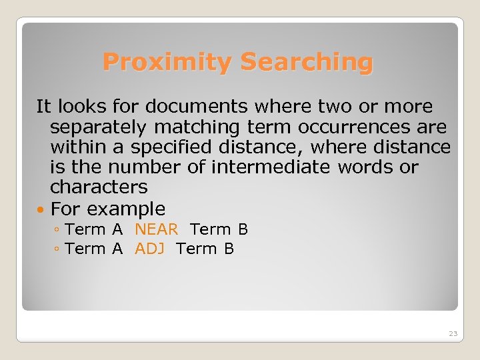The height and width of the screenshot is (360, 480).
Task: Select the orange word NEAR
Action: click(x=156, y=230)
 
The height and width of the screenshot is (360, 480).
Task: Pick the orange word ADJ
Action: click(x=149, y=249)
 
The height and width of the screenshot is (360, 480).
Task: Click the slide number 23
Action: click(x=453, y=333)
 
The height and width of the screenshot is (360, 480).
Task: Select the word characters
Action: click(x=99, y=187)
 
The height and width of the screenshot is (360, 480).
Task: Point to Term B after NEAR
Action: click(x=219, y=230)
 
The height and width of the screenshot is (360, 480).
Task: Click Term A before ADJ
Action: click(x=95, y=249)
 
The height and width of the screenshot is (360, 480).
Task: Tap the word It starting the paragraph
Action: click(x=43, y=107)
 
